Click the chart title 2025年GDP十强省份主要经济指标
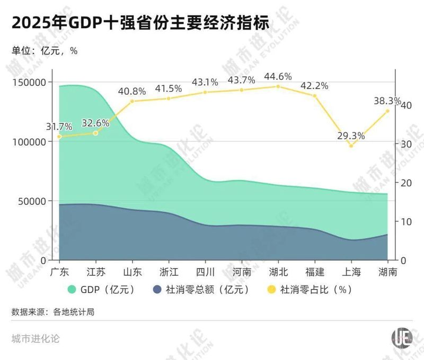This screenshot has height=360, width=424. [x=140, y=23]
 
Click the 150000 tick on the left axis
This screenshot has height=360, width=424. [x=30, y=83]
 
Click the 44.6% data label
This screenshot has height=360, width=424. [x=278, y=77]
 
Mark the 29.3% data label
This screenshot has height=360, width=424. [x=351, y=136]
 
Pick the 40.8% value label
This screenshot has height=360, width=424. [x=132, y=91]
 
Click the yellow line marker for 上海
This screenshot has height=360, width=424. [x=351, y=146]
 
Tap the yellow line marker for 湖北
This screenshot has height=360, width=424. [x=278, y=86]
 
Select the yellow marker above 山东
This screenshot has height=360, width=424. [x=132, y=101]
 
